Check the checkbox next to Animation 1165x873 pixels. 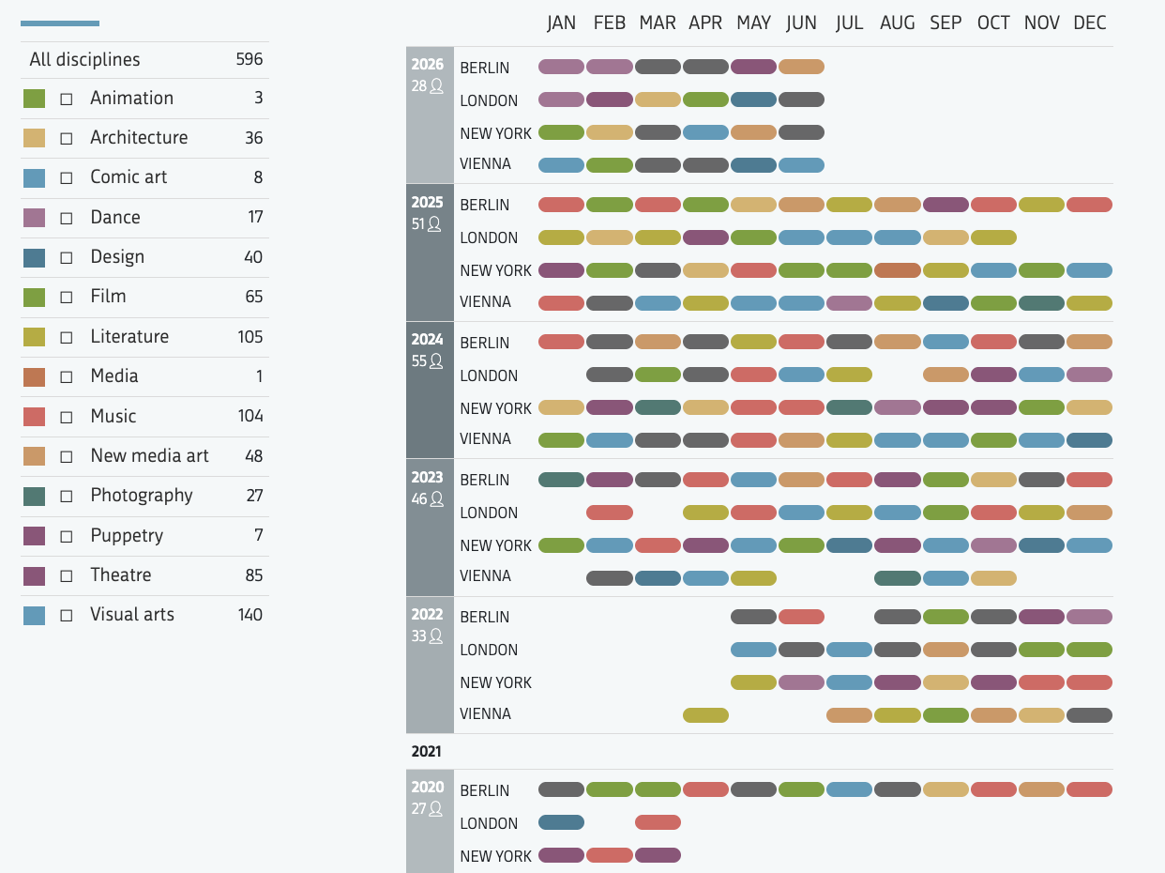(67, 100)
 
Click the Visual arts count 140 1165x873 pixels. (250, 615)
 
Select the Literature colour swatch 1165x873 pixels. (34, 337)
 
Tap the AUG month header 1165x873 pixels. (897, 23)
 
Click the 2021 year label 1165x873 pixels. (426, 751)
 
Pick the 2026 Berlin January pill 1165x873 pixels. (561, 67)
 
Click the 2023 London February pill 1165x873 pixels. (610, 513)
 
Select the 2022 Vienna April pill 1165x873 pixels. (705, 715)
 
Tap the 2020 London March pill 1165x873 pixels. (658, 822)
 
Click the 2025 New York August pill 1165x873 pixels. (898, 270)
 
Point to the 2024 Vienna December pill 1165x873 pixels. (1090, 440)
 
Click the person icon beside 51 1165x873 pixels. (434, 224)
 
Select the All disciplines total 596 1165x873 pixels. (249, 59)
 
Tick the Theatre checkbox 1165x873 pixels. (67, 576)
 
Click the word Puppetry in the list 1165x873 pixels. (127, 535)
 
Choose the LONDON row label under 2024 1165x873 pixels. (489, 375)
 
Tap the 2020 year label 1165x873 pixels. (427, 787)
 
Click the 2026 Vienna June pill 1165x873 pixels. (801, 165)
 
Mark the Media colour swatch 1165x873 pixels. (34, 376)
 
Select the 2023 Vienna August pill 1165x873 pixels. (898, 577)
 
